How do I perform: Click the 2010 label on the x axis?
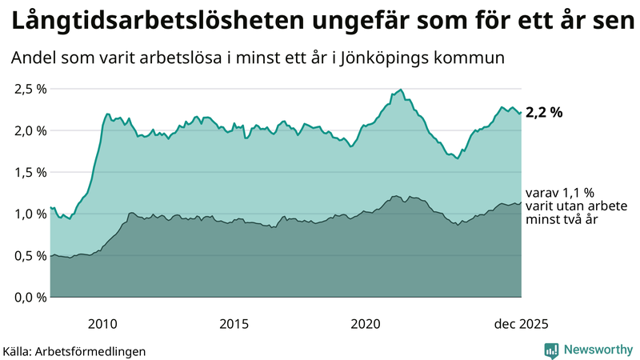point(102,324)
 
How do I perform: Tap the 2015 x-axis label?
point(234,324)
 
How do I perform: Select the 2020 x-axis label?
point(366,324)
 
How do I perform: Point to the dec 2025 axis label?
point(521,324)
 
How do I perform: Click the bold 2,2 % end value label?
point(544,113)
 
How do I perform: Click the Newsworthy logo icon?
point(551,350)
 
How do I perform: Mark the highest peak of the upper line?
point(400,90)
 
